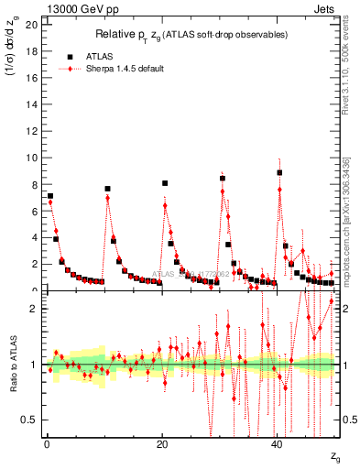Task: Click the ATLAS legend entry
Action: pos(100,57)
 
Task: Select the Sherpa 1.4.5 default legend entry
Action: pos(118,69)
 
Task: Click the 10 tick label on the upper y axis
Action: pos(31,158)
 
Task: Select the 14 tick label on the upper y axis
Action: pos(31,104)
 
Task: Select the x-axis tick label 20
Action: pos(162,443)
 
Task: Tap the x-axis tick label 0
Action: pos(46,443)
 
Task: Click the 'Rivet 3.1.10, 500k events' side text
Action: pos(351,70)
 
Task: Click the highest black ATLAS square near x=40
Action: pos(279,172)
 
